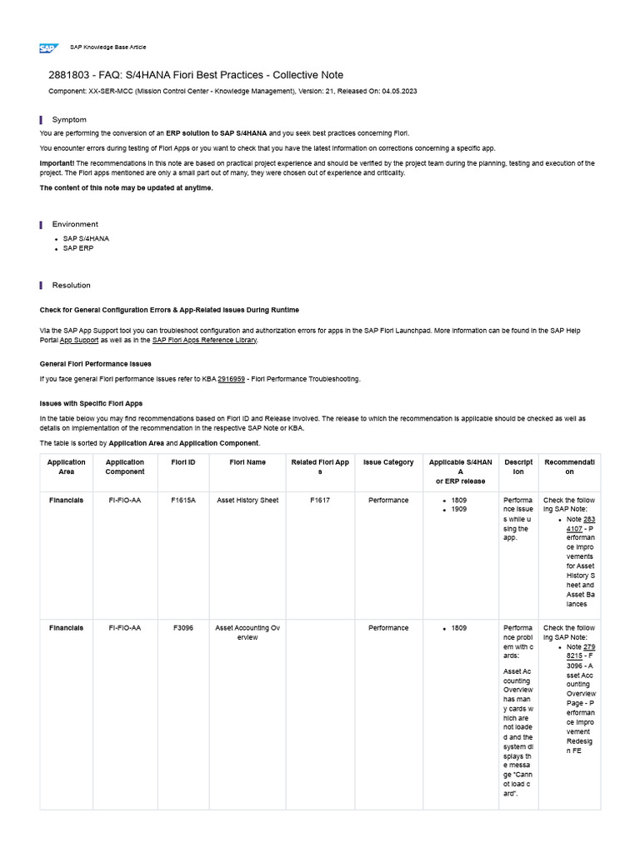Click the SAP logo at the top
[48, 47]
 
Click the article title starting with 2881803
[196, 75]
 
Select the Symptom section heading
[69, 120]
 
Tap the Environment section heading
[75, 224]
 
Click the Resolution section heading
[71, 285]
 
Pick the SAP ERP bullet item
[78, 248]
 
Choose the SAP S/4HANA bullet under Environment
[86, 238]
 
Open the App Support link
[79, 340]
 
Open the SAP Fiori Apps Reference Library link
[204, 340]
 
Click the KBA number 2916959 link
[231, 379]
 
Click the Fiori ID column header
[183, 462]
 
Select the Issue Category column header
[388, 462]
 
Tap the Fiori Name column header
[248, 462]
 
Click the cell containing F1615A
[183, 501]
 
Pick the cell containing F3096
[183, 628]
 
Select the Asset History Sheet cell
[247, 501]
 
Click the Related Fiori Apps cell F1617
[320, 501]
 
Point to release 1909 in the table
[459, 509]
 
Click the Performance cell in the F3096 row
[388, 628]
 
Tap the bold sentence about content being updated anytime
[127, 188]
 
